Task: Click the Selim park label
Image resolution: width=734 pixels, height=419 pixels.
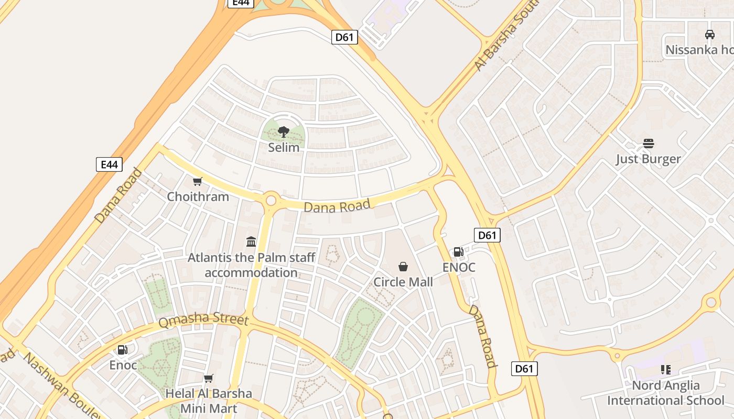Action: tap(284, 148)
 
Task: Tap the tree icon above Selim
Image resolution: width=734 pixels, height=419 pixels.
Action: tap(284, 131)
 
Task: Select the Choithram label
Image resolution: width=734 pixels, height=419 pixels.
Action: tap(198, 197)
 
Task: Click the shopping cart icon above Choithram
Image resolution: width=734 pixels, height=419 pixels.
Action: tap(198, 182)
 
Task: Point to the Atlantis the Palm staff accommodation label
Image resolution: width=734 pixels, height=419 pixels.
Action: tap(252, 265)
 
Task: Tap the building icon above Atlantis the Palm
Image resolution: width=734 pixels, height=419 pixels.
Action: tap(251, 242)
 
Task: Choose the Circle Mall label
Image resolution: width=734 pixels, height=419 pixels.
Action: tap(403, 282)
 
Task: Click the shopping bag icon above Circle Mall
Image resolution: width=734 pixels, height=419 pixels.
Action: tap(403, 267)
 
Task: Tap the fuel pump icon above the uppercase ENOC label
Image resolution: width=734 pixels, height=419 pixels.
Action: tap(459, 252)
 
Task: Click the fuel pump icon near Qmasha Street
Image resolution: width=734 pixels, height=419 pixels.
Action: tap(122, 349)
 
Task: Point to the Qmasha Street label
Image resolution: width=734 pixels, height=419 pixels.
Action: tap(203, 319)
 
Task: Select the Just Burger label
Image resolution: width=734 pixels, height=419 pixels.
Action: tap(648, 159)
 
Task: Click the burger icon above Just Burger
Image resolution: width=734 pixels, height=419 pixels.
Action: tap(649, 144)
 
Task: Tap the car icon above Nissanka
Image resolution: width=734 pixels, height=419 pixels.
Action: tap(710, 35)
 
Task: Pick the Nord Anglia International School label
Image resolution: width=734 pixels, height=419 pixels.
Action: tap(666, 393)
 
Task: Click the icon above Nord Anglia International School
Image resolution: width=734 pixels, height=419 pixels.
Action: tap(666, 370)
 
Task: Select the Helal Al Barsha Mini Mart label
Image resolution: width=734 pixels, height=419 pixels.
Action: tap(209, 401)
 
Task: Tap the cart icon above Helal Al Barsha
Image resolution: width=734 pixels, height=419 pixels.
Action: tap(209, 378)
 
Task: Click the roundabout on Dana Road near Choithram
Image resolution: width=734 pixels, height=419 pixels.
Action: tap(271, 200)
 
